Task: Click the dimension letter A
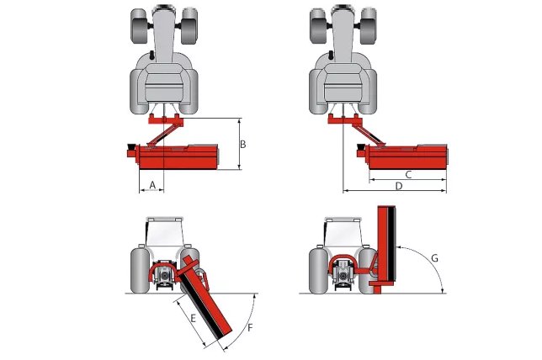152,183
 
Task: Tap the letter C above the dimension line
407,174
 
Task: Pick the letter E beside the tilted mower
193,318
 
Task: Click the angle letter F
249,326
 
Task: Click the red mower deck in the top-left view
177,157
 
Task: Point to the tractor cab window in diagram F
163,232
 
